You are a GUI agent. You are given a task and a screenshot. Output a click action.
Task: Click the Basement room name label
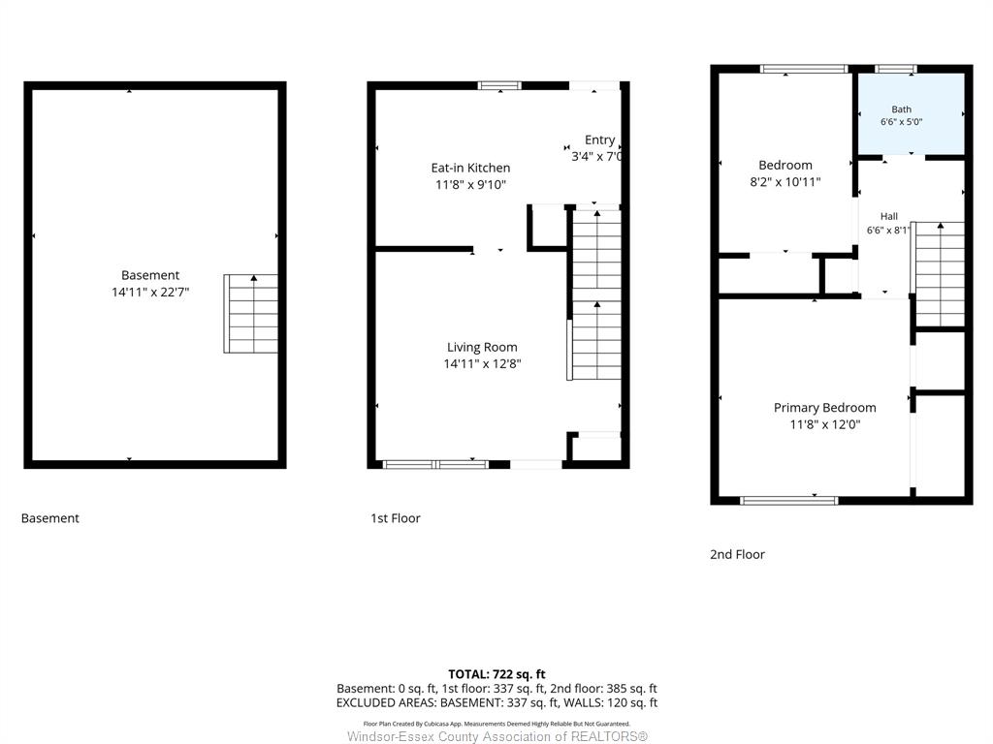click(x=150, y=275)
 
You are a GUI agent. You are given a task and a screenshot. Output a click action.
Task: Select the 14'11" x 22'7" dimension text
click(x=150, y=293)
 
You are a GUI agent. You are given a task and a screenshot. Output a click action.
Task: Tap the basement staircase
click(x=251, y=314)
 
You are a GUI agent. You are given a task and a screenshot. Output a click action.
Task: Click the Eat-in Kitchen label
click(x=470, y=168)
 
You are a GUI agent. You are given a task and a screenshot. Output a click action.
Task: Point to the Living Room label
click(x=482, y=347)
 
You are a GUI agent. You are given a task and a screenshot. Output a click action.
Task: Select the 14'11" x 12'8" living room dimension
click(x=482, y=364)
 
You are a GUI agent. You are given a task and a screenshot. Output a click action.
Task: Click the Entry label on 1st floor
click(x=599, y=139)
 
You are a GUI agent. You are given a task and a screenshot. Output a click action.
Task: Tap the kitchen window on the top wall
click(x=499, y=85)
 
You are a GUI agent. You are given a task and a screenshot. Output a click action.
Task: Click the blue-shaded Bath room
click(x=912, y=114)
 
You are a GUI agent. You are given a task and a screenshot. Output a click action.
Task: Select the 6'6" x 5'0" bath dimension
click(x=901, y=121)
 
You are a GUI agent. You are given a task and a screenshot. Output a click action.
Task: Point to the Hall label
click(x=888, y=216)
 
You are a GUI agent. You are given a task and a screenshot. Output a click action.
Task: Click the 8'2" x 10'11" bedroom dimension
click(x=785, y=182)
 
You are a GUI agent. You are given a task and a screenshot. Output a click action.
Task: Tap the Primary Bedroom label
click(x=824, y=408)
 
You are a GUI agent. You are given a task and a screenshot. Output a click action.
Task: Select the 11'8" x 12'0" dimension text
click(x=824, y=424)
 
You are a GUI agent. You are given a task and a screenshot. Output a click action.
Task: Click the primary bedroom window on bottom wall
click(x=789, y=501)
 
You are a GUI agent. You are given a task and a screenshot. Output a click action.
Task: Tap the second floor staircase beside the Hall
click(x=941, y=274)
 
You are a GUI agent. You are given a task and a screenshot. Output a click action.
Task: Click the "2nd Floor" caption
click(x=737, y=554)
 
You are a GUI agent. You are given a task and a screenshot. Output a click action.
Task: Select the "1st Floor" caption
click(x=396, y=518)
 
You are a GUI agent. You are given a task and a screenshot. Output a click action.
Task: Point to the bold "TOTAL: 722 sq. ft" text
click(x=496, y=674)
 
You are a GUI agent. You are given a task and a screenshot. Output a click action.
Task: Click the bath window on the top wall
click(x=895, y=69)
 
